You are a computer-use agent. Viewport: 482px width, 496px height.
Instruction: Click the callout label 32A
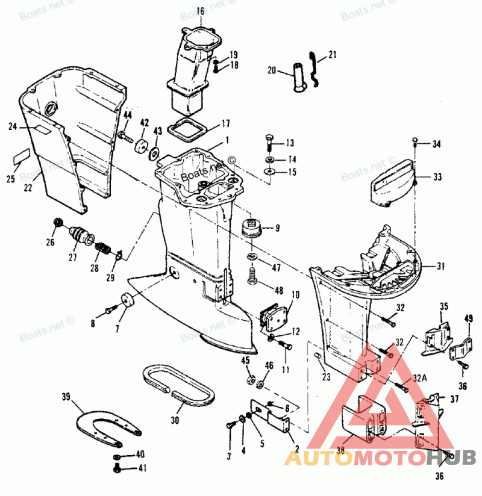(x=419, y=378)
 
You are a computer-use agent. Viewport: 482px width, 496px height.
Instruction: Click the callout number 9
(x=277, y=228)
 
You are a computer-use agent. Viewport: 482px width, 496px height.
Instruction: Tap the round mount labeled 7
(x=126, y=299)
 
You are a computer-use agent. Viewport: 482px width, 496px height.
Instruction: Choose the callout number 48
(x=278, y=291)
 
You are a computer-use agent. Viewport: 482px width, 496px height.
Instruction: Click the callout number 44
(x=128, y=115)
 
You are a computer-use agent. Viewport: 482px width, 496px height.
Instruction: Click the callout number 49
(x=469, y=318)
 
